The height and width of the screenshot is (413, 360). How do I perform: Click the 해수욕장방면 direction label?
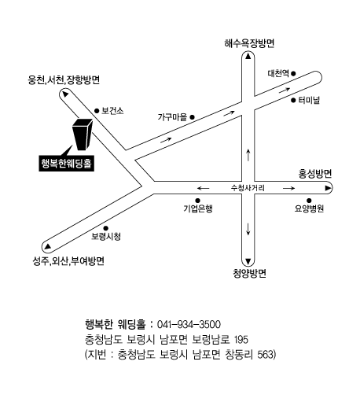(x=249, y=43)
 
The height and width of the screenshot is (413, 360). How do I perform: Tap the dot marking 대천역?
(x=293, y=73)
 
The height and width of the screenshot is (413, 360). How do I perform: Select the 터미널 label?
(x=309, y=100)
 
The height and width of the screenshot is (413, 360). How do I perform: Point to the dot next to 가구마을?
(x=192, y=116)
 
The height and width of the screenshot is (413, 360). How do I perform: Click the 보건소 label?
(x=112, y=111)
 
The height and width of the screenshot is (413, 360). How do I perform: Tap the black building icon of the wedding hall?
(x=83, y=135)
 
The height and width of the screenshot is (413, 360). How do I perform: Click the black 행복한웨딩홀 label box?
(x=66, y=164)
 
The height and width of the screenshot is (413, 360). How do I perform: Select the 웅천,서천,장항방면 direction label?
(x=64, y=79)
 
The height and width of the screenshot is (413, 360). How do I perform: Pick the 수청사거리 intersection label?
(x=248, y=188)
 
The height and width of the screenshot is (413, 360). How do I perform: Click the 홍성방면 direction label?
(x=315, y=174)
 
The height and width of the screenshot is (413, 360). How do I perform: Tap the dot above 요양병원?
(x=309, y=201)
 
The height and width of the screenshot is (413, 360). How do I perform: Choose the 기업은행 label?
(x=198, y=208)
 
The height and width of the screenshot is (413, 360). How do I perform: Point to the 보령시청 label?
(x=106, y=236)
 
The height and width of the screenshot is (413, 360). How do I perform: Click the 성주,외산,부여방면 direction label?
(x=68, y=260)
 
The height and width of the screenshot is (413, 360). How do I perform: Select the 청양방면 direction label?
(x=249, y=273)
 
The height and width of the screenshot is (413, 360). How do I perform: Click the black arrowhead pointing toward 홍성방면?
(x=328, y=188)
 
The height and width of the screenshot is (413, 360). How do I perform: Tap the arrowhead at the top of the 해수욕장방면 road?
(x=248, y=56)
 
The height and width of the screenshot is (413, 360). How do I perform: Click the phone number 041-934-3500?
(x=189, y=324)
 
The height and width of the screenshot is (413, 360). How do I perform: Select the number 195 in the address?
(x=241, y=340)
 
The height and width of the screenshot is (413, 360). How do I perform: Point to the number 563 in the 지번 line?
(x=265, y=355)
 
